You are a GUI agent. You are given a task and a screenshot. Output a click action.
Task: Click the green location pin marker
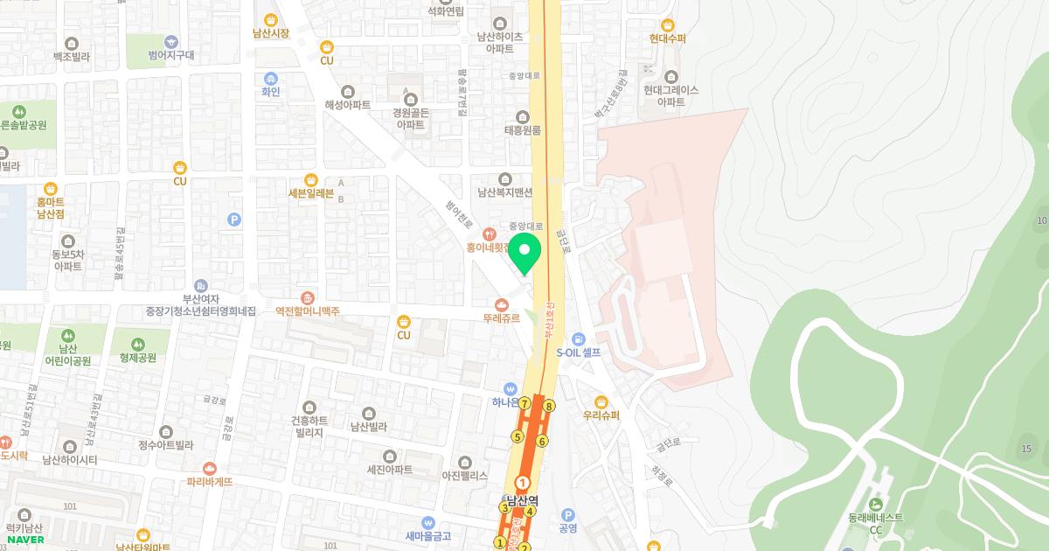coord(524,253)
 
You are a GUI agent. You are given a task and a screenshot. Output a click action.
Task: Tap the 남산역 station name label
coord(523,502)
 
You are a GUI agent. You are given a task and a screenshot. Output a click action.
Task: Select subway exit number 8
coord(549,405)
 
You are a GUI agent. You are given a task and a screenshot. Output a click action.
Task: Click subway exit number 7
coord(524,404)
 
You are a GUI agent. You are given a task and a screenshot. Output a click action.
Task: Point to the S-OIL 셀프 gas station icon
coord(577,339)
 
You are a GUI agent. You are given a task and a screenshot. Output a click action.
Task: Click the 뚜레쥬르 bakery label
coord(502,318)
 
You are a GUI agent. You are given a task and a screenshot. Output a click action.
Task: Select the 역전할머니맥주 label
coord(307,311)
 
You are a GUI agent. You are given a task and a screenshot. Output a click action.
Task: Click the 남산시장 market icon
coord(270,19)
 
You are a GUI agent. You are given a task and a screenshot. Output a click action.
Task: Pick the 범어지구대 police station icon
coord(170,40)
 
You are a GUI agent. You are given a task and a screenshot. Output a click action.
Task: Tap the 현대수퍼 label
coord(668,38)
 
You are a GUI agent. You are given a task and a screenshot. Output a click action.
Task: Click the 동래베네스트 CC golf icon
coord(876,503)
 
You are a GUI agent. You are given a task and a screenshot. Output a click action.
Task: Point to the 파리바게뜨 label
coord(209,481)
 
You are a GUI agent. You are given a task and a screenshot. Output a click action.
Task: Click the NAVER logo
coord(25,540)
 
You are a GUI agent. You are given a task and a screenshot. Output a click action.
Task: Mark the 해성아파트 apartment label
coord(348,105)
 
